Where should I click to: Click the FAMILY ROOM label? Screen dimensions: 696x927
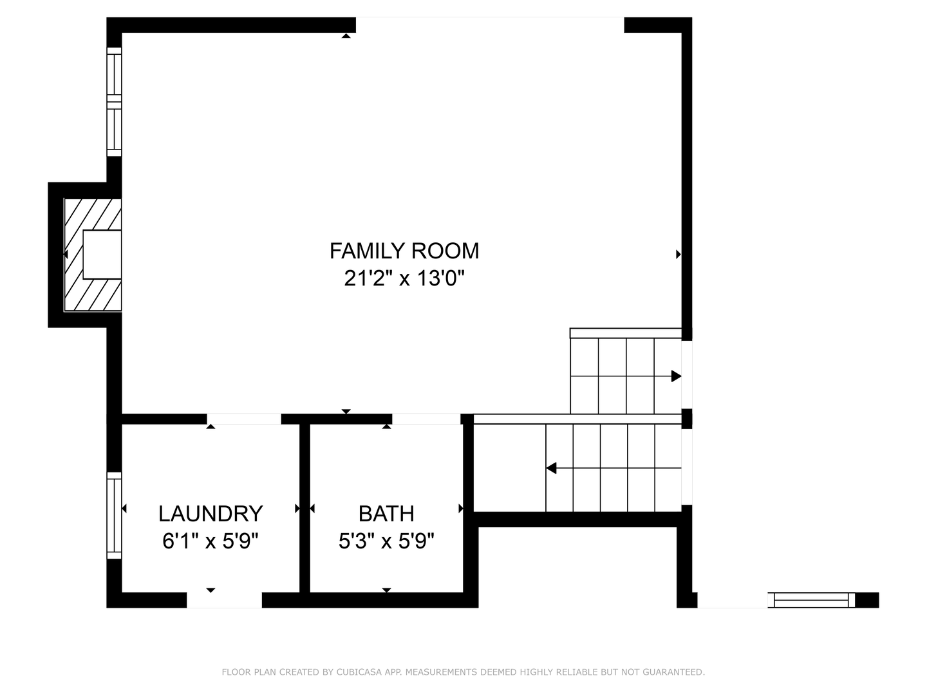pyautogui.click(x=404, y=251)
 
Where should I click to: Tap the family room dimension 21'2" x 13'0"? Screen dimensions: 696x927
pyautogui.click(x=404, y=278)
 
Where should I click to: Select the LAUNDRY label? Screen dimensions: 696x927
pyautogui.click(x=211, y=514)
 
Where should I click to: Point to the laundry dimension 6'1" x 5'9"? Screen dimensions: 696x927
pyautogui.click(x=211, y=541)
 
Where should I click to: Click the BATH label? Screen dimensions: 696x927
pyautogui.click(x=386, y=514)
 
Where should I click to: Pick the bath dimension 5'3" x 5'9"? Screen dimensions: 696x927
pyautogui.click(x=386, y=541)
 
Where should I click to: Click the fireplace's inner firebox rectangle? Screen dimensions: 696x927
pyautogui.click(x=102, y=255)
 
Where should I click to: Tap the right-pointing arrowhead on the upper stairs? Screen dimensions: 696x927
pyautogui.click(x=676, y=376)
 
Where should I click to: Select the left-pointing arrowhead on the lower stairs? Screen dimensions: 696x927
pyautogui.click(x=551, y=468)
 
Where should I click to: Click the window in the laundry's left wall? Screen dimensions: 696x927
pyautogui.click(x=114, y=515)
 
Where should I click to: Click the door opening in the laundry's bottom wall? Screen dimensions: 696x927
pyautogui.click(x=224, y=600)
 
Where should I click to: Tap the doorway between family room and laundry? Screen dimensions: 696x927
pyautogui.click(x=244, y=419)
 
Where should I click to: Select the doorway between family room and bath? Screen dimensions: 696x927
pyautogui.click(x=426, y=419)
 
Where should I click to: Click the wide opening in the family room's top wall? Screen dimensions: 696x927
pyautogui.click(x=490, y=24)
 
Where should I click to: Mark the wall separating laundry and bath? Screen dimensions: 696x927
pyautogui.click(x=305, y=509)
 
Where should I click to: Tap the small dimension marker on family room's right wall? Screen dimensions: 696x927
pyautogui.click(x=678, y=255)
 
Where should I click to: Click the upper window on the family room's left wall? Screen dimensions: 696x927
pyautogui.click(x=114, y=74)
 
